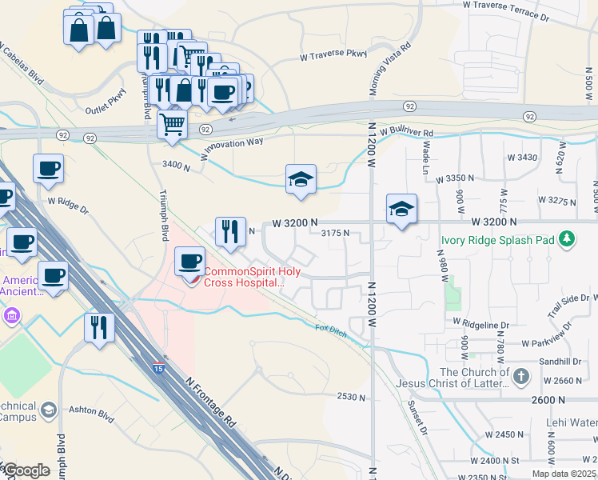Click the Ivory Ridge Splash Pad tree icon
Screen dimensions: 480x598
pyautogui.click(x=568, y=238)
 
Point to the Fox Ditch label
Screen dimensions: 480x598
pyautogui.click(x=331, y=330)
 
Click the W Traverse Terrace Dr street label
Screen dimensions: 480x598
pyautogui.click(x=507, y=10)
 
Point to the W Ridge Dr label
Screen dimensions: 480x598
pyautogui.click(x=68, y=206)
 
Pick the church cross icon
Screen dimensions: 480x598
pyautogui.click(x=520, y=376)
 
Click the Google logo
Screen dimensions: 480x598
pyautogui.click(x=26, y=470)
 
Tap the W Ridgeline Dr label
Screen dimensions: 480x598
pyautogui.click(x=480, y=324)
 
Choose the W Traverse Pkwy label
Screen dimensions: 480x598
pyautogui.click(x=334, y=56)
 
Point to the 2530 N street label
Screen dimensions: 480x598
pyautogui.click(x=351, y=397)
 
